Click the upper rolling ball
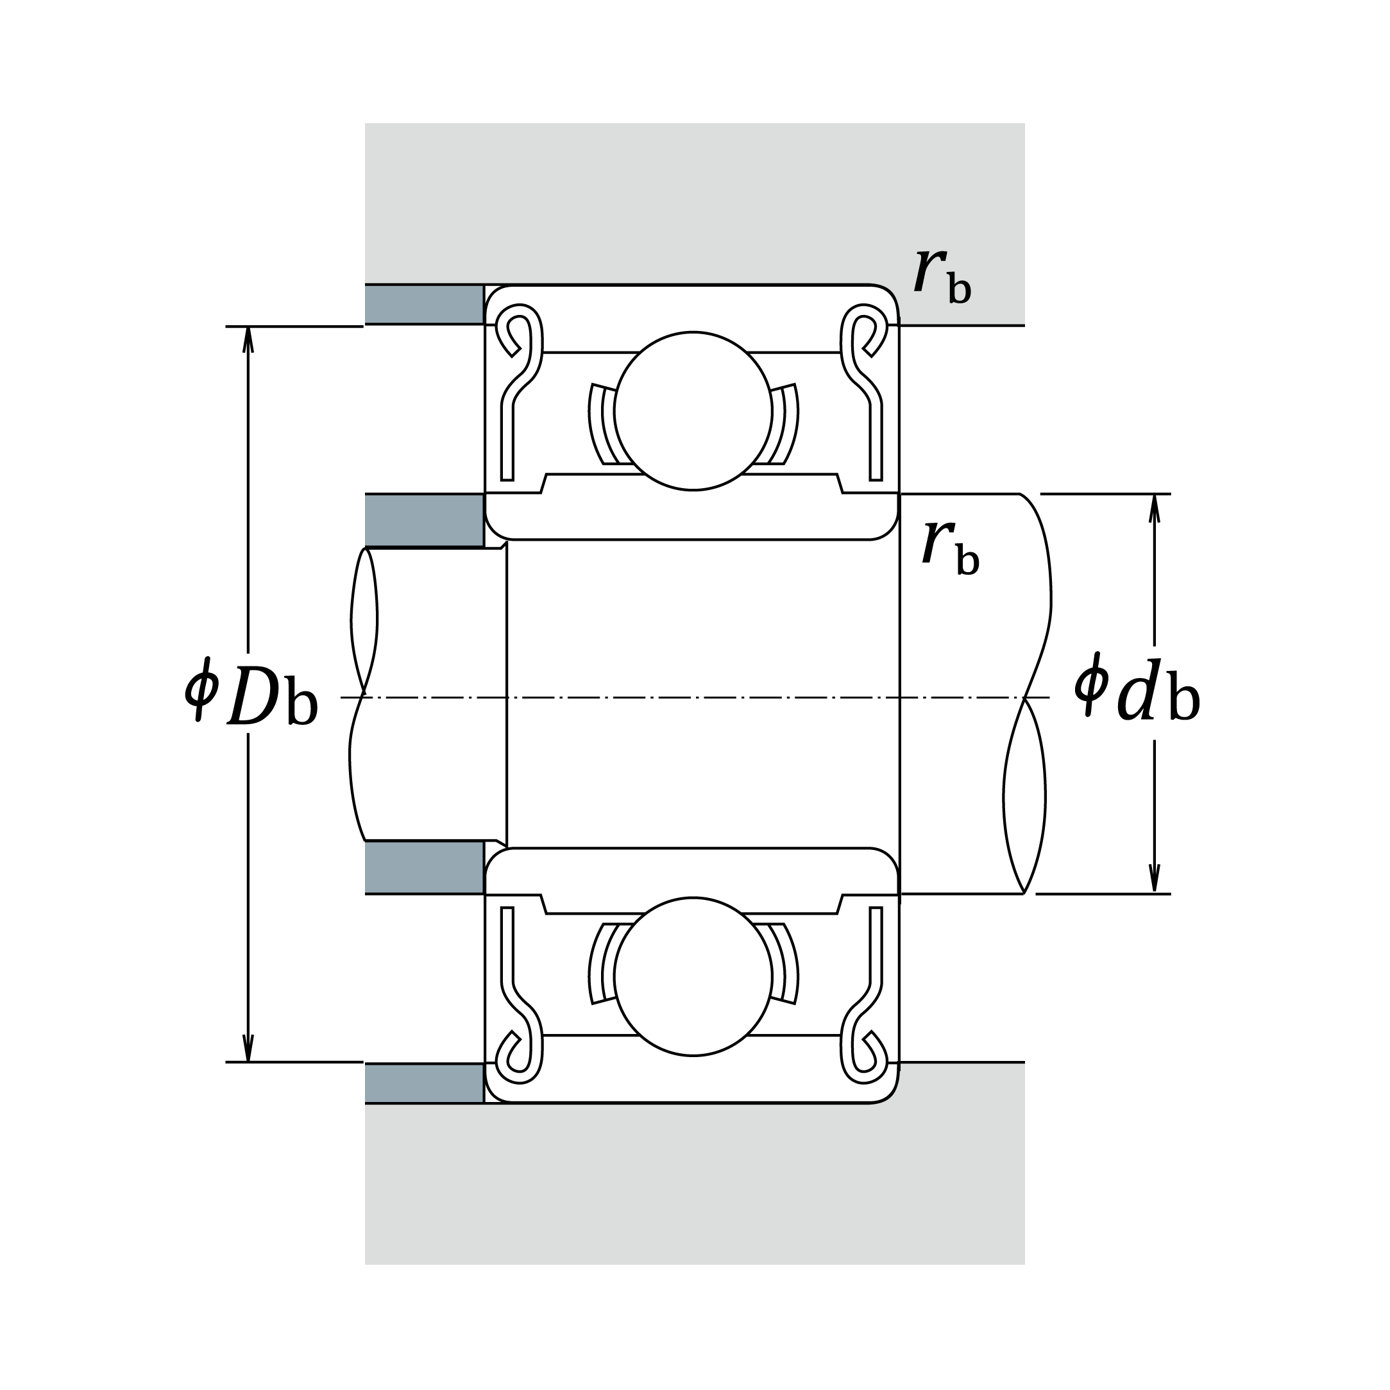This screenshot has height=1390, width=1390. (x=693, y=411)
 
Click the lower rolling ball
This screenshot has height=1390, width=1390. (x=693, y=977)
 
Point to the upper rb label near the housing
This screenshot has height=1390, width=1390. (x=942, y=276)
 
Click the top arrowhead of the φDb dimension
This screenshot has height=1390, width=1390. (x=248, y=339)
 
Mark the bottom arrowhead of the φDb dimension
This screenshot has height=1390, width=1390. (x=248, y=1049)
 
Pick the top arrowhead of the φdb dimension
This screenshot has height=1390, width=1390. (x=1154, y=507)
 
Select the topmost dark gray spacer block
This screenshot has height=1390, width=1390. (x=424, y=304)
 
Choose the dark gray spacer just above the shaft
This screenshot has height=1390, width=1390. (x=424, y=520)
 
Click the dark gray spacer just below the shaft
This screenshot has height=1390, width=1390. (x=424, y=867)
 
